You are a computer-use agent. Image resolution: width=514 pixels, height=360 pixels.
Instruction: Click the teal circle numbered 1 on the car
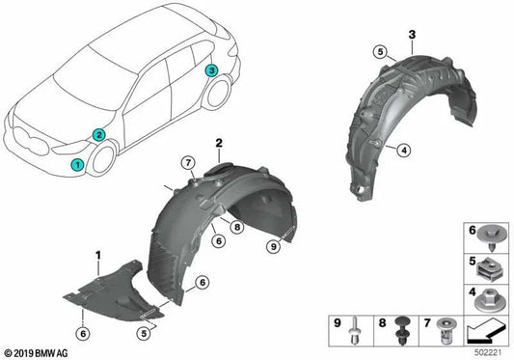pos(76,165)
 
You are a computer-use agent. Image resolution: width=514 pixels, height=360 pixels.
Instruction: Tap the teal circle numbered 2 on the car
pos(98,136)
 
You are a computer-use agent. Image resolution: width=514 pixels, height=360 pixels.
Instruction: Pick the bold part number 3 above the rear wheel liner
pos(412,35)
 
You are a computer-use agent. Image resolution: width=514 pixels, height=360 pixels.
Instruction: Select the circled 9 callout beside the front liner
pos(276,246)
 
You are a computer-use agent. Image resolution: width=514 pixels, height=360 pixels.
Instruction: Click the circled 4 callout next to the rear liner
pos(405,148)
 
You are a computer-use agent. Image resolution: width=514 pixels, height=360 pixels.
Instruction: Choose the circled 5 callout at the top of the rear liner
pos(381,50)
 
